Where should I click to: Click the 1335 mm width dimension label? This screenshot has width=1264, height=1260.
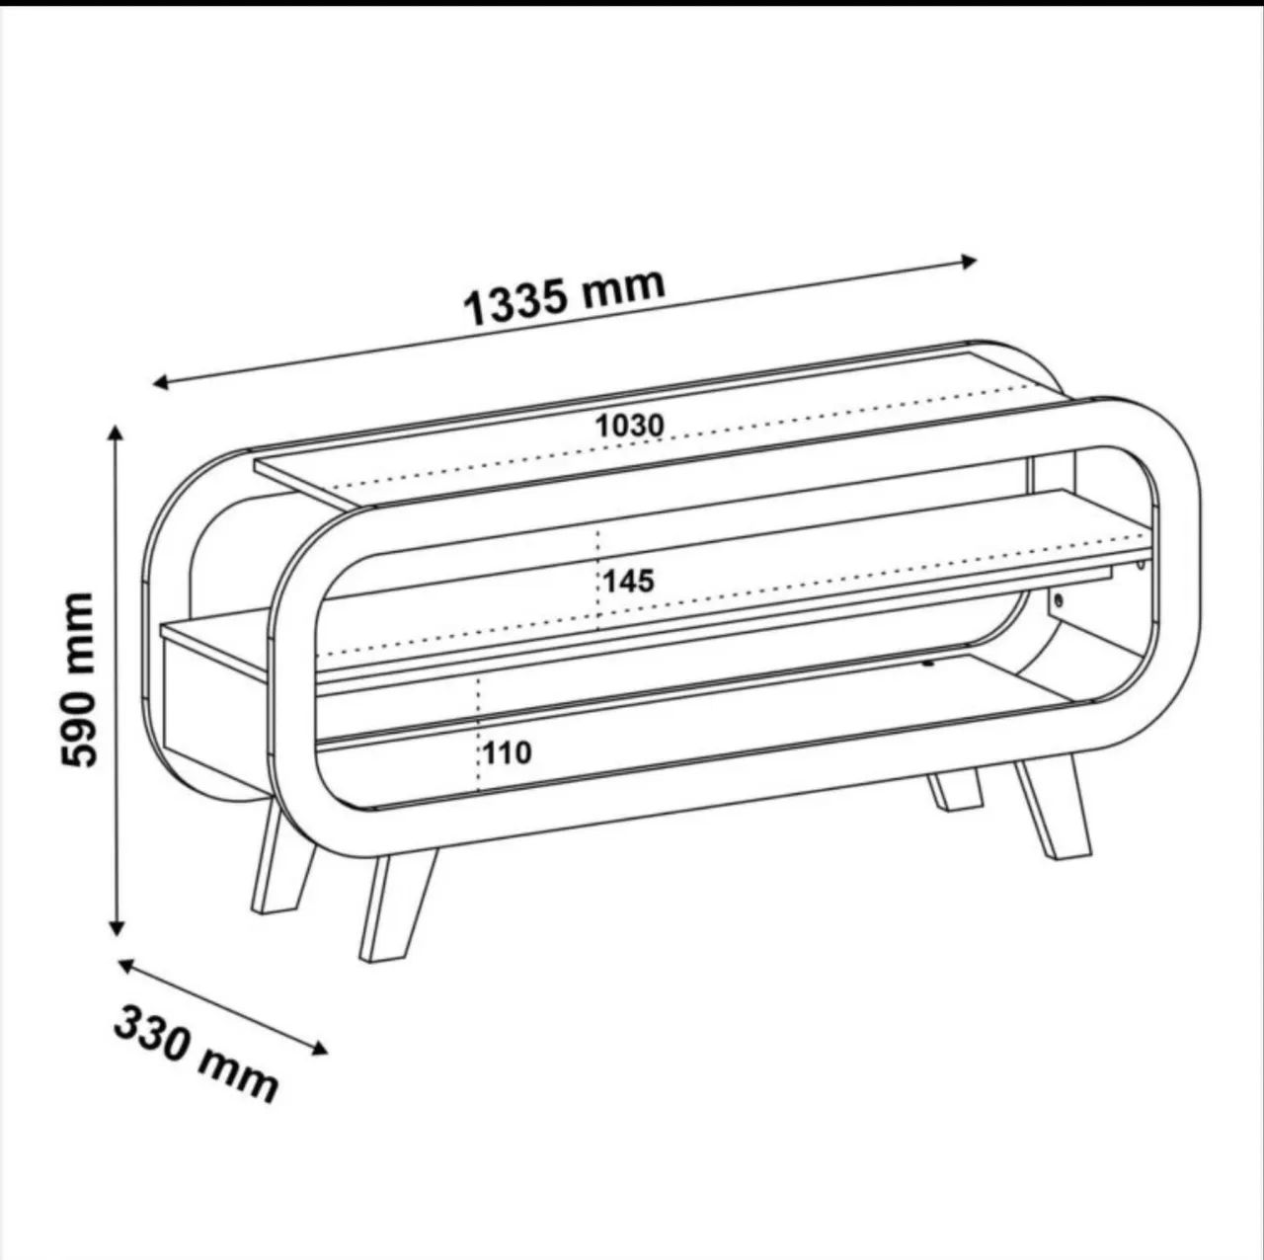[565, 297]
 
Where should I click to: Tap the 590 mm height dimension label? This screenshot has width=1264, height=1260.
[78, 679]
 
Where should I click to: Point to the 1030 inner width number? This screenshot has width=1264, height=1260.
[630, 427]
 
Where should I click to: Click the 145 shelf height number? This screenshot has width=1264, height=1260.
[629, 581]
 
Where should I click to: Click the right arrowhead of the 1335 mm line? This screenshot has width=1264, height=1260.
[969, 262]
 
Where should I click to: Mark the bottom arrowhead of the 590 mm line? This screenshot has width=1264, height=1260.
[117, 927]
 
